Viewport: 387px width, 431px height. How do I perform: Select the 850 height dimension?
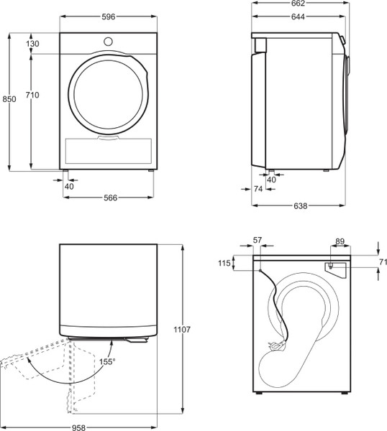tap(7, 99)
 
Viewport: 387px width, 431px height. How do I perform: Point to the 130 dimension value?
tap(32, 44)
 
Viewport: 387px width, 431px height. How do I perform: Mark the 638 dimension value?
tap(301, 206)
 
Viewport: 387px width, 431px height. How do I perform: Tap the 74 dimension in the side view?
tap(259, 189)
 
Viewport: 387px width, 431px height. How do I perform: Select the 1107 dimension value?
tap(181, 329)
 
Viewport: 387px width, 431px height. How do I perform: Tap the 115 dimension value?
tap(224, 264)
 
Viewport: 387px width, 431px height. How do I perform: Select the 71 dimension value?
tap(383, 262)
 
